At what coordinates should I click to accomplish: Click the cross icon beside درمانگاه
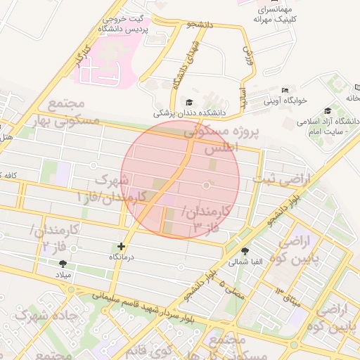122,247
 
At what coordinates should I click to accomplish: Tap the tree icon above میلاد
63,264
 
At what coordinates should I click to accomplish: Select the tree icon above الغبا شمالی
245,251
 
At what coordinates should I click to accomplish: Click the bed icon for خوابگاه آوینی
285,90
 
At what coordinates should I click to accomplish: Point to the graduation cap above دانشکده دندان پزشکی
188,101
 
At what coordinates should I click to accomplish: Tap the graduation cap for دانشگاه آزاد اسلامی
328,110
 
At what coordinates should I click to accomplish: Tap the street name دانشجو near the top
199,25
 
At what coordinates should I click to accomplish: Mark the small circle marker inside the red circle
206,185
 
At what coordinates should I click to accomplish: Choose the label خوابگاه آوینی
285,101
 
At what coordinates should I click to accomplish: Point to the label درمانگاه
122,258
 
